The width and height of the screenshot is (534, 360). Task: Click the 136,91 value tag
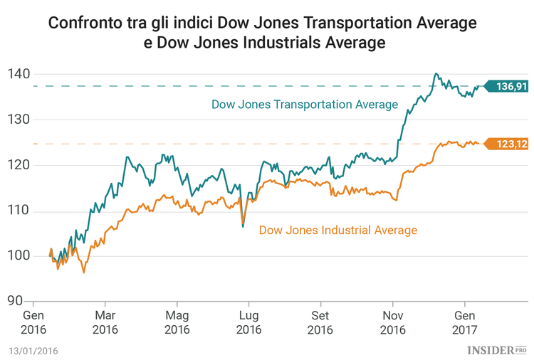(507, 86)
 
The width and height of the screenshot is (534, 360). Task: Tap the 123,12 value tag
(507, 144)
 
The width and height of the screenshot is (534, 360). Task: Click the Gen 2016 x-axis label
(33, 322)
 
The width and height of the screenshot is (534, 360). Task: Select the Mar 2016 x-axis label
(105, 322)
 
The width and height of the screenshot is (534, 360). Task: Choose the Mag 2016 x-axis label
(177, 322)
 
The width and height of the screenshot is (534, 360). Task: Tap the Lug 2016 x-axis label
(248, 322)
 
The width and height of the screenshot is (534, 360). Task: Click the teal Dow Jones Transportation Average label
(304, 105)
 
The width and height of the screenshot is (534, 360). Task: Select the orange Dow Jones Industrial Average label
(337, 230)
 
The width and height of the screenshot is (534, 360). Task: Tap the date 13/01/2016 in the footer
(33, 351)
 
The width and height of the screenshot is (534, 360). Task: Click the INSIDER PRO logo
(496, 350)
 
